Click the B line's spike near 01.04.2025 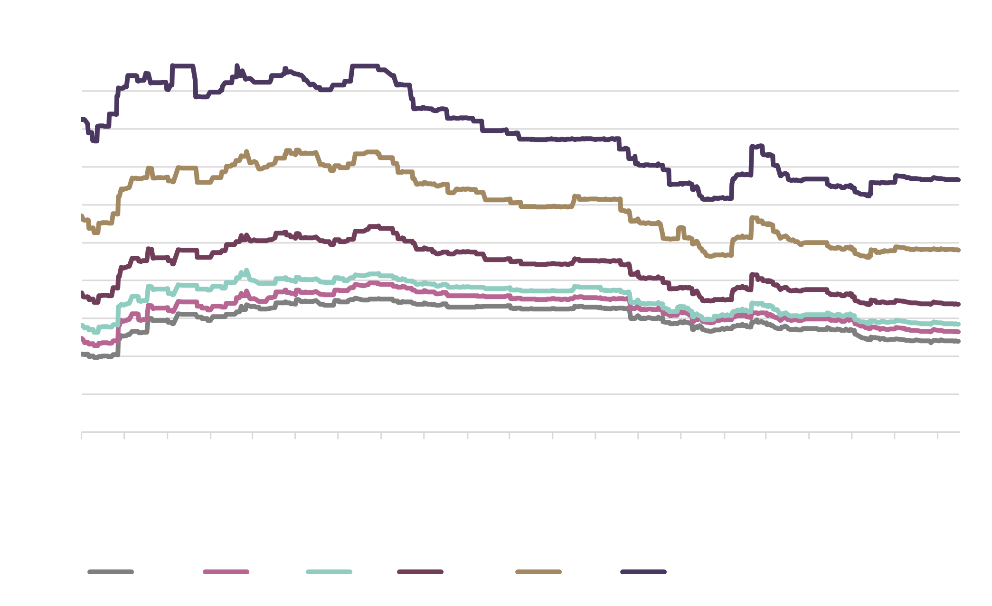[x=756, y=146]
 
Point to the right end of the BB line [x=959, y=250]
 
